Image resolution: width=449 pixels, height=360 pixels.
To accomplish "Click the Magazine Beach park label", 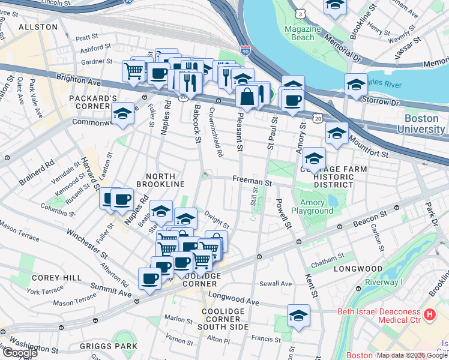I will point(300,33).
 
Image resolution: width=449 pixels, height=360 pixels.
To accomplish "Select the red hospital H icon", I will point(429,314).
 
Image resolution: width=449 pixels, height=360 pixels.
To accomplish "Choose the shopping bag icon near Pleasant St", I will point(247,96).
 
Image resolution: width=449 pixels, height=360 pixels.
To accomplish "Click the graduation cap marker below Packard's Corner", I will point(122,113).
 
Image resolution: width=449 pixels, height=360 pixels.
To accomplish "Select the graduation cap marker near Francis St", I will point(298,316).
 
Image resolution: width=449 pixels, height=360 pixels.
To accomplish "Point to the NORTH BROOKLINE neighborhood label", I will point(156,180).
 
